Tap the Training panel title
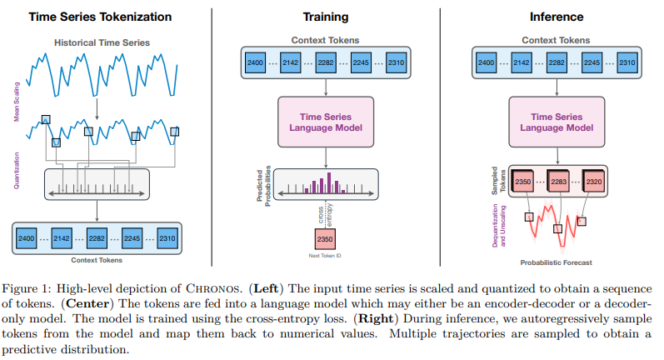pos(326,16)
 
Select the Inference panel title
pos(557,16)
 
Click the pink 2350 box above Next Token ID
pos(326,239)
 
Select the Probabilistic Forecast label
pos(557,264)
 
